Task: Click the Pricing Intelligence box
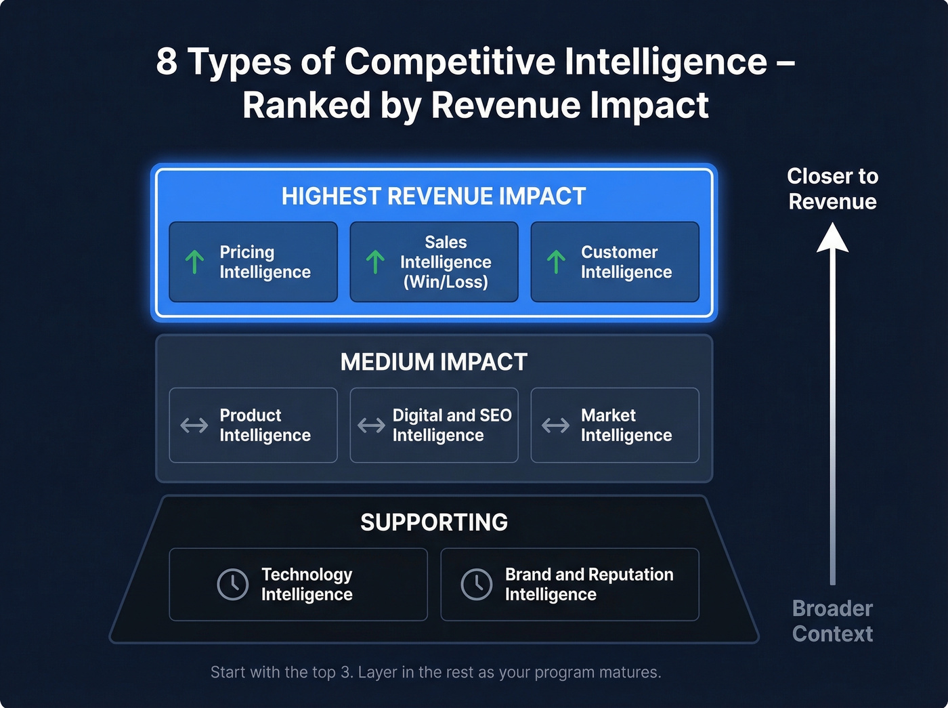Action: point(253,262)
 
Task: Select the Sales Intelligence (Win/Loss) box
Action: point(434,262)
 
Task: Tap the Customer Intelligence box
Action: point(615,262)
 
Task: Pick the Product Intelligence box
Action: point(253,425)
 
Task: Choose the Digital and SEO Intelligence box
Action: point(434,425)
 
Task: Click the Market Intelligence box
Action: point(615,425)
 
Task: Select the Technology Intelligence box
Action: point(298,585)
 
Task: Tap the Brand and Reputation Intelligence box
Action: point(569,585)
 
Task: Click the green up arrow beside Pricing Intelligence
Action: point(195,262)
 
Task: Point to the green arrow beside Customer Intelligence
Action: point(556,262)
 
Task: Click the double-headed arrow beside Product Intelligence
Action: point(194,425)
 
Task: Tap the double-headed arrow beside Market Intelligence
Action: point(555,425)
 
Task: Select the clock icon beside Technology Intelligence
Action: point(232,584)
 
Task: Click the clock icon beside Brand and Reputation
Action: point(477,584)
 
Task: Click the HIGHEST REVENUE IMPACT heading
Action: point(434,196)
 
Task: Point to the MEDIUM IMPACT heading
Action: point(434,362)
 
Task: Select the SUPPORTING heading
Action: point(434,522)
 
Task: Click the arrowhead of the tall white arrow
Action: point(832,238)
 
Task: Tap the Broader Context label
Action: point(832,621)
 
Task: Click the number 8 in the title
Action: point(167,62)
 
